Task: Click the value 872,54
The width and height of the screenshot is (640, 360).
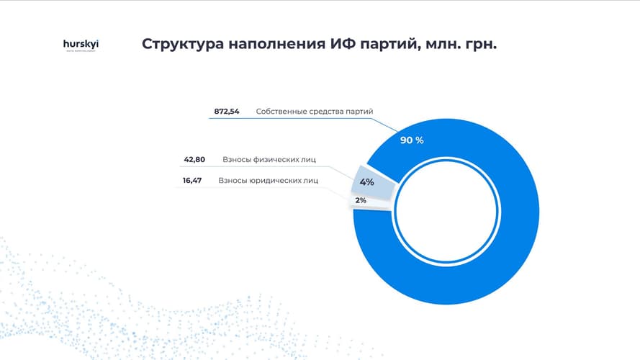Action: (x=226, y=112)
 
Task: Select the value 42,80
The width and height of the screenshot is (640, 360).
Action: (x=194, y=159)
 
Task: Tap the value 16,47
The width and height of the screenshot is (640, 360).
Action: (x=191, y=181)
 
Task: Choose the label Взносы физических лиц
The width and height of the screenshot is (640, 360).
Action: (x=269, y=159)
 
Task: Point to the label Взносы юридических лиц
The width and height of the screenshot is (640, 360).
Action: (x=268, y=181)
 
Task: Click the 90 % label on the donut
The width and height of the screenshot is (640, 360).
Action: (x=412, y=140)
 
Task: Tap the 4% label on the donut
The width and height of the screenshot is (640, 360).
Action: (x=366, y=182)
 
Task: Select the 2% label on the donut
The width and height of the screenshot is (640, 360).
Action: (x=361, y=200)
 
